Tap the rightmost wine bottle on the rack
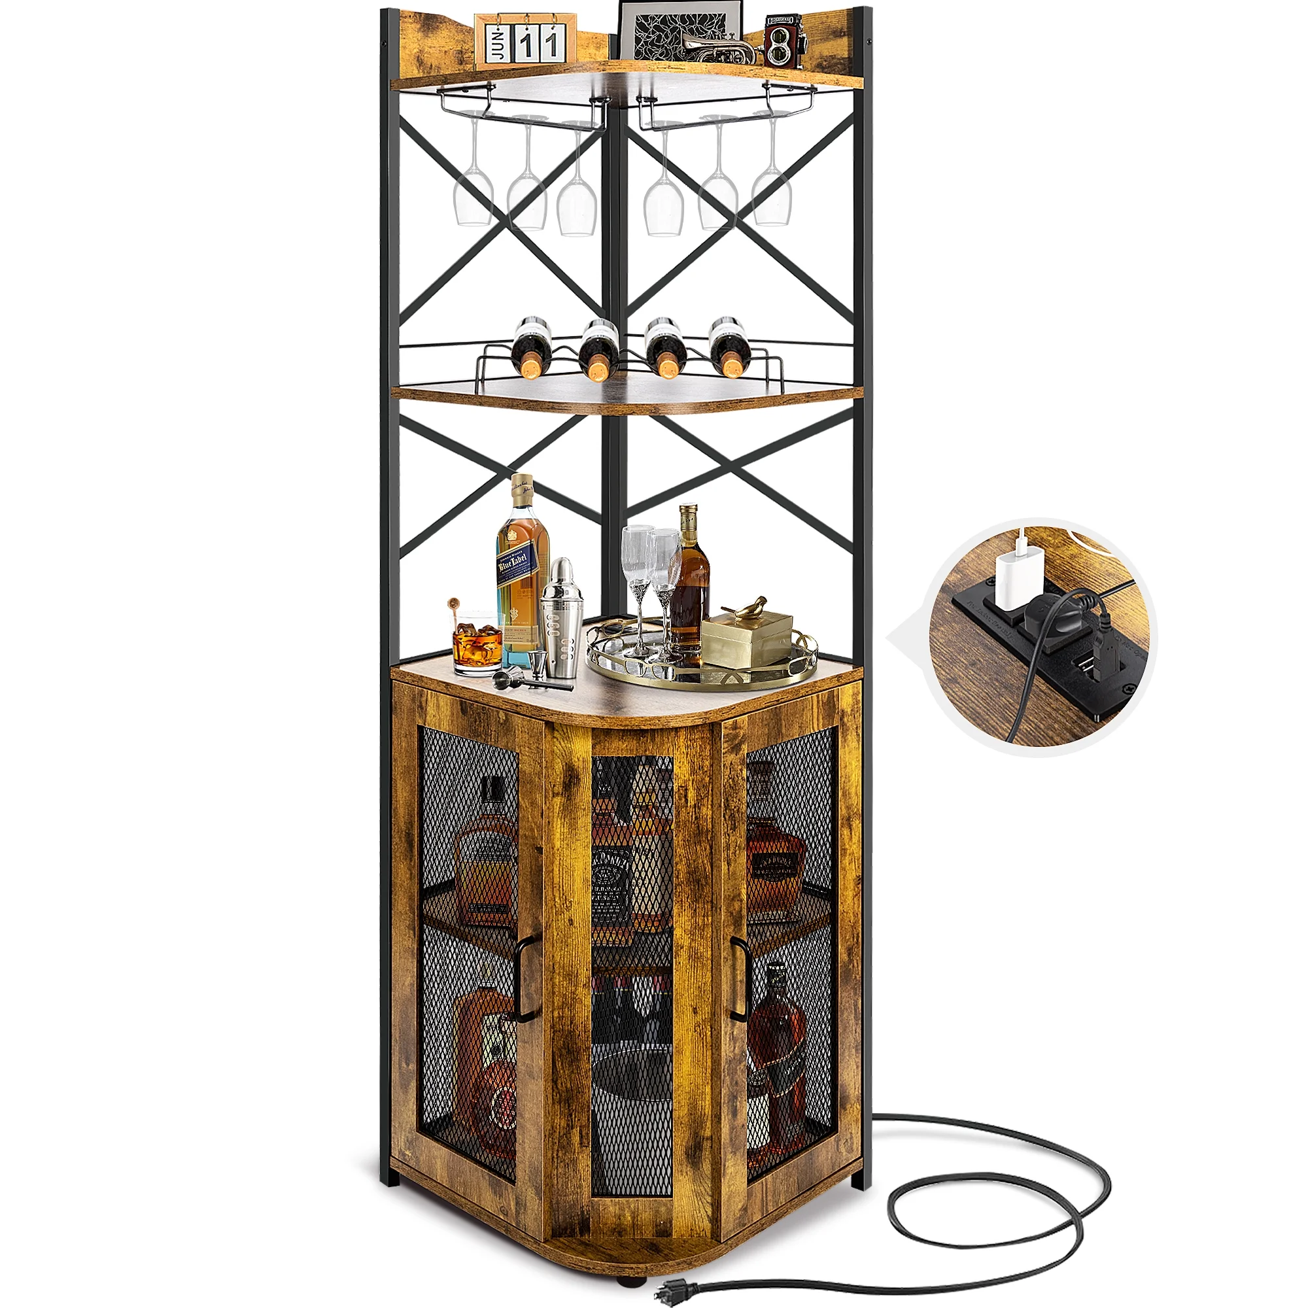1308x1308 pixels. coord(729,345)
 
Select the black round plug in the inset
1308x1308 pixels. coord(1046,615)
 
